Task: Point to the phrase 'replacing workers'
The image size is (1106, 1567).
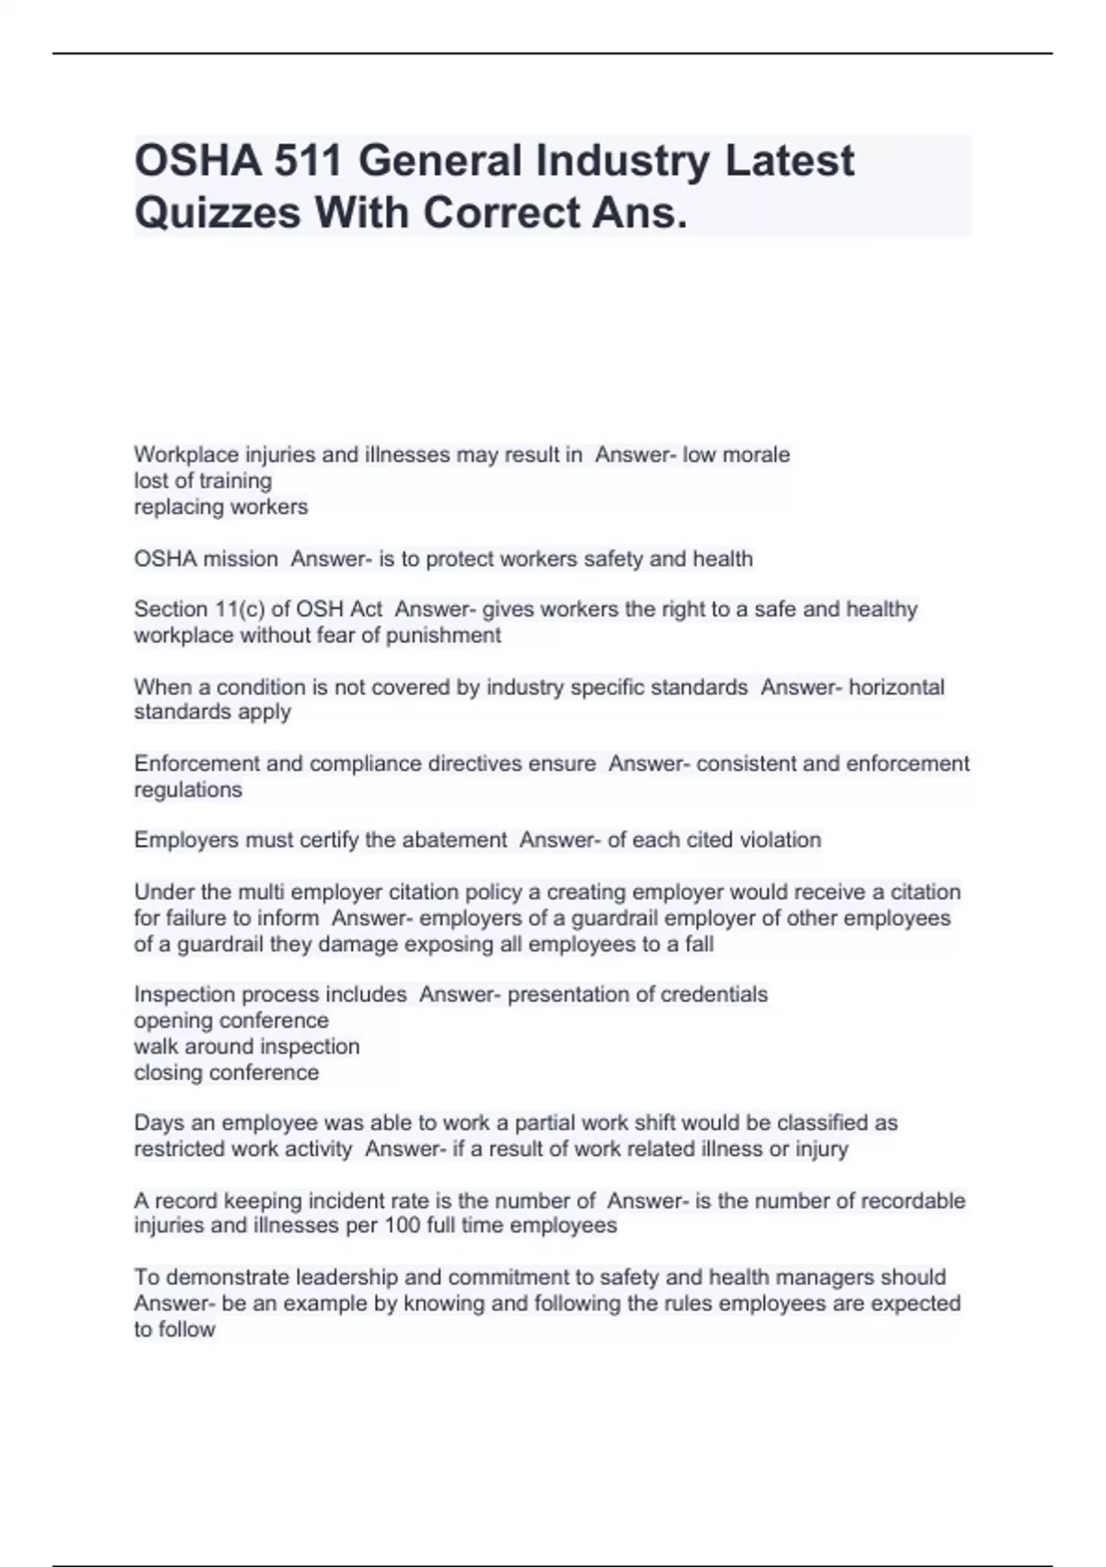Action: (221, 507)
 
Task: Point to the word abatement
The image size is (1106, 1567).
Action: (453, 841)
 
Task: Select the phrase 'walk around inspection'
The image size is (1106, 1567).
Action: (246, 1047)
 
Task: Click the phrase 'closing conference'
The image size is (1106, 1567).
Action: (226, 1073)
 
